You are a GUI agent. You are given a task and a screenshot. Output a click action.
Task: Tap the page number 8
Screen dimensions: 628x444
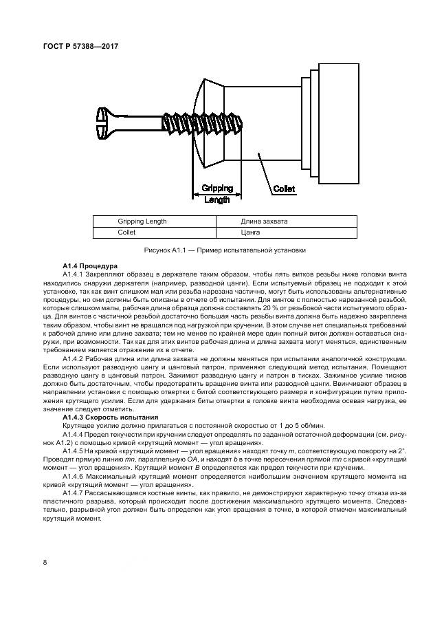click(x=46, y=563)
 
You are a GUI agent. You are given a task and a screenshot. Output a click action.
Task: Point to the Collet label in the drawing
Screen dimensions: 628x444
click(x=285, y=188)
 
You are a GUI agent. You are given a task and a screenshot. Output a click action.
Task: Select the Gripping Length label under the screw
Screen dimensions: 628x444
click(x=217, y=193)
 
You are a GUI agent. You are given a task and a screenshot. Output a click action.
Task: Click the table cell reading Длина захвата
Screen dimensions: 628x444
click(x=264, y=221)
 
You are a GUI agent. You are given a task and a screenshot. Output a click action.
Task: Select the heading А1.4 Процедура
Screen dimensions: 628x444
click(x=91, y=265)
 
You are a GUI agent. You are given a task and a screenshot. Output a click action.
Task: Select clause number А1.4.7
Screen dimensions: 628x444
click(x=73, y=493)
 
